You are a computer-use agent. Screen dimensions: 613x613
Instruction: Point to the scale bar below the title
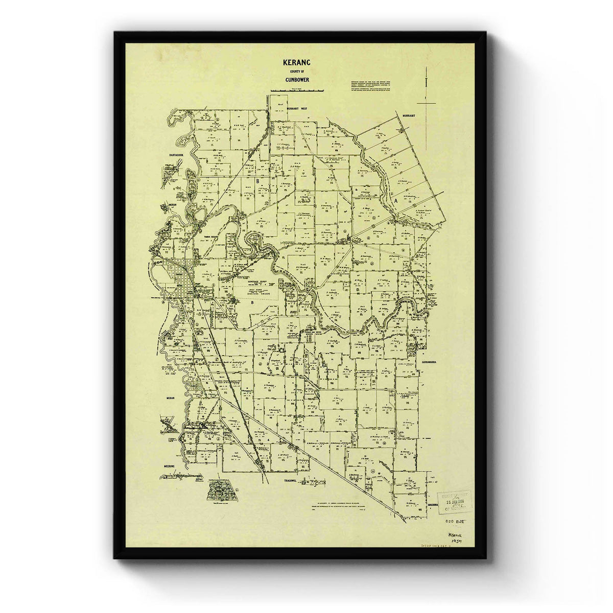pos(297,90)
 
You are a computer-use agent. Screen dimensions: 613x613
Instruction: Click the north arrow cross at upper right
pos(426,102)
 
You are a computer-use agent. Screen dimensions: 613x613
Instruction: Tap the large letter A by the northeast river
pos(395,201)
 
